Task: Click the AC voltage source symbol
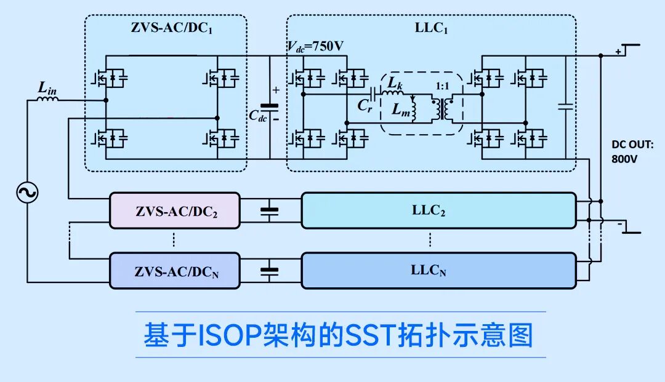[27, 193]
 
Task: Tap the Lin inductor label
[47, 89]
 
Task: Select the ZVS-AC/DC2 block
[175, 211]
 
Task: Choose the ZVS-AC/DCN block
[175, 271]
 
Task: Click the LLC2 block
[437, 210]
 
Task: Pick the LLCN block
[437, 270]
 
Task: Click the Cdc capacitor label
[257, 115]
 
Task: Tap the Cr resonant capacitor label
[365, 105]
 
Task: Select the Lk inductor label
[395, 82]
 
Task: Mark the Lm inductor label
[400, 109]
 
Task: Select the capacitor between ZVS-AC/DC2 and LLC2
[269, 211]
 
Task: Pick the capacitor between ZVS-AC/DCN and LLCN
[269, 271]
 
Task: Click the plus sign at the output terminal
[618, 52]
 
